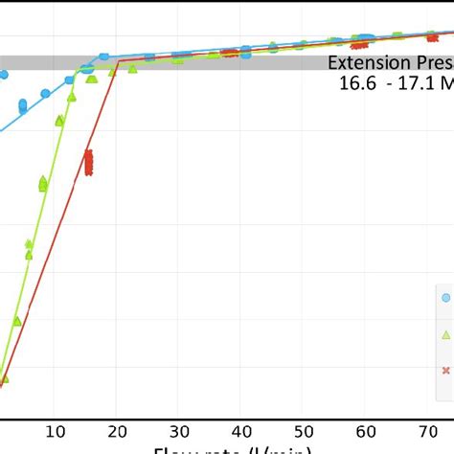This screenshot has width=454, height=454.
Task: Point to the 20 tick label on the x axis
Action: pyautogui.click(x=118, y=431)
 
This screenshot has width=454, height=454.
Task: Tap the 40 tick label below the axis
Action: pyautogui.click(x=241, y=431)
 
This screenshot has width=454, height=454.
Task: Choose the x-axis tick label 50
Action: pyautogui.click(x=303, y=431)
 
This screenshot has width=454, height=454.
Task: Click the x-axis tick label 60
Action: pyautogui.click(x=365, y=431)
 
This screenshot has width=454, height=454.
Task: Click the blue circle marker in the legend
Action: pyautogui.click(x=445, y=298)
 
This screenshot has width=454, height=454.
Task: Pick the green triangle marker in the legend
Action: pyautogui.click(x=445, y=334)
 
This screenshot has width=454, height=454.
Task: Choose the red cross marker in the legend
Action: pyautogui.click(x=445, y=371)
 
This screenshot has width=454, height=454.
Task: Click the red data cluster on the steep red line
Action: pyautogui.click(x=88, y=163)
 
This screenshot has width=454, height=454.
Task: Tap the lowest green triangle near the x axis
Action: pyautogui.click(x=5, y=379)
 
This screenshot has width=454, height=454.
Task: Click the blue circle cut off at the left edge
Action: pyautogui.click(x=3, y=73)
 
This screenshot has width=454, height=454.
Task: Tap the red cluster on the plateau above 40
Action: pyautogui.click(x=229, y=53)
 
